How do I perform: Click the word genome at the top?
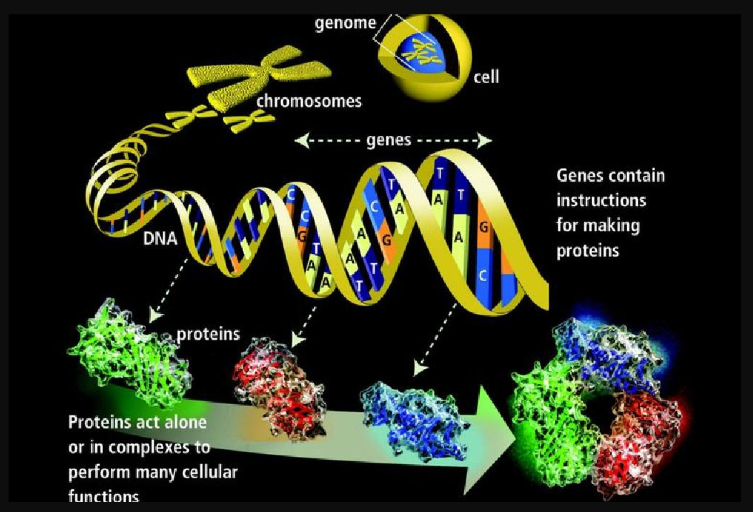point(345,24)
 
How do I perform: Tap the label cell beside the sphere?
point(486,76)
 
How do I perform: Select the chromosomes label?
point(309,101)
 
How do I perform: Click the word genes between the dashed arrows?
point(388,140)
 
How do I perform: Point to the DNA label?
point(160,238)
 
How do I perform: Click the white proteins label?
point(208,334)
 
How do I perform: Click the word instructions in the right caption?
point(601,200)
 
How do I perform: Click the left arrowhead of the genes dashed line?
point(301,141)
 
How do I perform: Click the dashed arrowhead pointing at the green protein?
point(154,315)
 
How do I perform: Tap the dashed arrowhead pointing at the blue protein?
point(420,368)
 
